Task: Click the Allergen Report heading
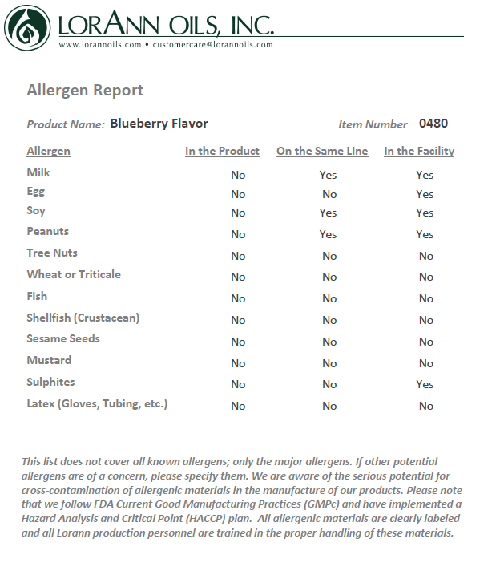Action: coord(85,90)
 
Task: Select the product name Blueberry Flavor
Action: coord(159,124)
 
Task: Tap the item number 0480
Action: coord(433,124)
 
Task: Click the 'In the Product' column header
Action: coord(222,151)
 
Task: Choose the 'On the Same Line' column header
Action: coord(322,151)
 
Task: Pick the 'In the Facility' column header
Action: coord(419,151)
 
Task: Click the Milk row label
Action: coord(38,172)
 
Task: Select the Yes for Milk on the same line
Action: coord(328,175)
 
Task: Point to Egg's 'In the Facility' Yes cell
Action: coord(425,194)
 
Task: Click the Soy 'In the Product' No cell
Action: coord(238,213)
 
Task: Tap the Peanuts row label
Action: coord(48,231)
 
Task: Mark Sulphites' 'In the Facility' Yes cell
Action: coord(425,384)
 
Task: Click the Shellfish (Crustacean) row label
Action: coord(83,318)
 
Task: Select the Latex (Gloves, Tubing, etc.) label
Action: coord(97,403)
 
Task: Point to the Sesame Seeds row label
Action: coord(63,338)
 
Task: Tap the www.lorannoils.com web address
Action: coord(99,45)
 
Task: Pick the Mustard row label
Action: coord(49,360)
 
